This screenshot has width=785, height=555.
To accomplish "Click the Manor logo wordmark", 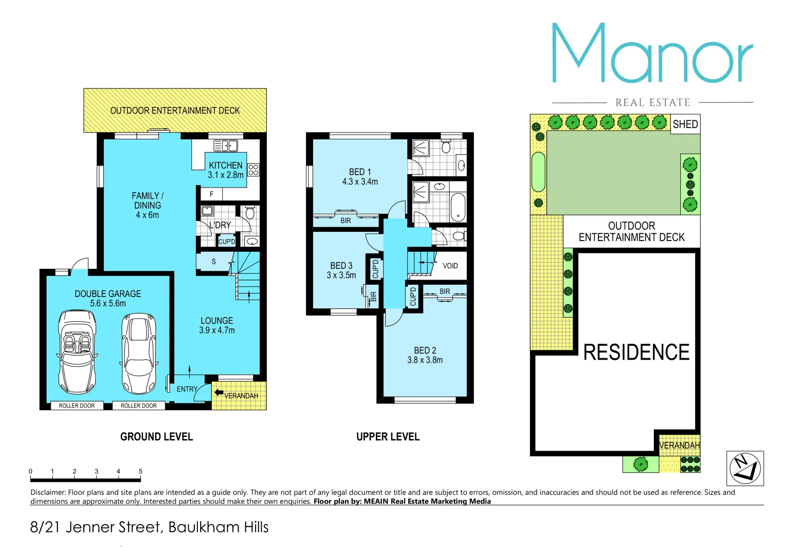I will tap(652, 54).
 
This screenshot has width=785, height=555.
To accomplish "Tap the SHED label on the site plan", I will tap(685, 124).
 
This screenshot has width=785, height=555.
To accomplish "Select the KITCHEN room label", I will tap(225, 165).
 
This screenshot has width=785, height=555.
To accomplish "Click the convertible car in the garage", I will tap(77, 351).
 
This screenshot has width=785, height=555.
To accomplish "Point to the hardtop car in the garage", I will tap(138, 354).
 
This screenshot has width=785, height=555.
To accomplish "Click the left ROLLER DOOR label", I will tap(77, 406).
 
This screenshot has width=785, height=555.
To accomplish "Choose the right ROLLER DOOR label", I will tap(139, 406).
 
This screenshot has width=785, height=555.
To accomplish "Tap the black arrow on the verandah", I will tap(218, 393).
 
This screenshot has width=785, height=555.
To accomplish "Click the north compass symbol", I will tap(745, 468).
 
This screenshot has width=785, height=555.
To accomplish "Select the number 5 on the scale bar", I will tap(140, 471).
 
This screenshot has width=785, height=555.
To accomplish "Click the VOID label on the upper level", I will tap(450, 266).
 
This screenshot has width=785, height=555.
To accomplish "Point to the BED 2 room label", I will tap(425, 350).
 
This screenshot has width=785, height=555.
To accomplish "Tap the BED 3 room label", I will tap(341, 266).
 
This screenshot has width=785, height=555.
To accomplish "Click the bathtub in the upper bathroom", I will tap(458, 207).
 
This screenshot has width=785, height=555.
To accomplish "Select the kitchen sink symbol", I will tap(225, 146).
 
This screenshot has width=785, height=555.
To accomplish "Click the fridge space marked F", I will tap(211, 194).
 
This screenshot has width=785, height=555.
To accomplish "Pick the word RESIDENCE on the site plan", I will tap(636, 353).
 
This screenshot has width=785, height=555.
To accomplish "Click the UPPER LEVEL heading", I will tap(388, 437).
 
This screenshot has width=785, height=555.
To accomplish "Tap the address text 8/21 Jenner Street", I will tap(149, 527).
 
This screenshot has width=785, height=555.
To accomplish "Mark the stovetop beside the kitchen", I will tap(253, 170).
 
